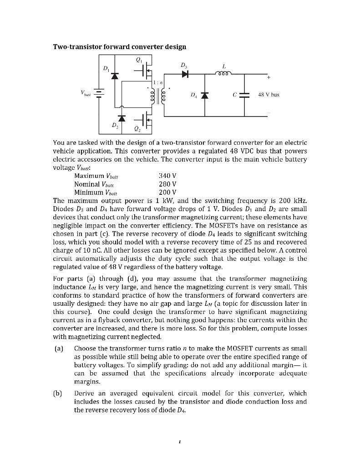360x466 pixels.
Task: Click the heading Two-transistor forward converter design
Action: point(120,47)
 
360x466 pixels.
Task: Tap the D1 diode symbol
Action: point(115,76)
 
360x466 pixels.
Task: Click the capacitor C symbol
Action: point(245,96)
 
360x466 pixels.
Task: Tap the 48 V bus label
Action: point(269,96)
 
